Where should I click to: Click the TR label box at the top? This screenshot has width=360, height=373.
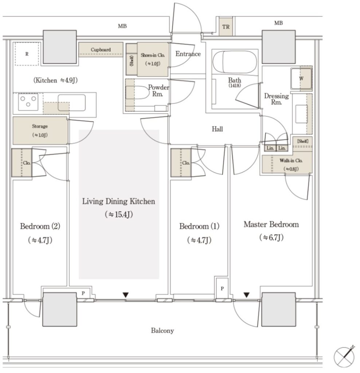tap(226, 26)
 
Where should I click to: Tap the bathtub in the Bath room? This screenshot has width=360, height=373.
tap(235, 62)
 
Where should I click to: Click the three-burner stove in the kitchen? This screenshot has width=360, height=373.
tap(28, 102)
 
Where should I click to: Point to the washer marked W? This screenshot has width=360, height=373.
tap(301, 79)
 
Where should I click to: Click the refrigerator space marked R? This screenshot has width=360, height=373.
tap(27, 54)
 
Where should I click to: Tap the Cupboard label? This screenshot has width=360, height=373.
tap(101, 50)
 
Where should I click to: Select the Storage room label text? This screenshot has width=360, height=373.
tap(40, 126)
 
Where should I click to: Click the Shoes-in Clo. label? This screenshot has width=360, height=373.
tap(153, 55)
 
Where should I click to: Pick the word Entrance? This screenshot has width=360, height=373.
tap(188, 54)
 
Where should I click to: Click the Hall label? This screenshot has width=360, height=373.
tap(217, 129)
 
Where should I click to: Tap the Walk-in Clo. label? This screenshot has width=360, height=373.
tap(291, 161)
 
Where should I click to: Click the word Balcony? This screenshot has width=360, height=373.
tap(162, 331)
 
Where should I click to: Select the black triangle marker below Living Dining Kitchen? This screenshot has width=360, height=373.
tap(126, 295)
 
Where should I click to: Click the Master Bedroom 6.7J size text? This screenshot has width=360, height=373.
tap(271, 237)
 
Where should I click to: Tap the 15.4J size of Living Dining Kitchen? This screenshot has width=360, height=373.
tap(119, 215)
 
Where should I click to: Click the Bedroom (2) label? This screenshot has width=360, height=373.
tap(40, 226)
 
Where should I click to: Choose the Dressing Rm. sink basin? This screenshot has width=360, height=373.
tap(301, 114)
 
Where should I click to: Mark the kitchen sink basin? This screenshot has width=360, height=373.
tap(72, 103)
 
